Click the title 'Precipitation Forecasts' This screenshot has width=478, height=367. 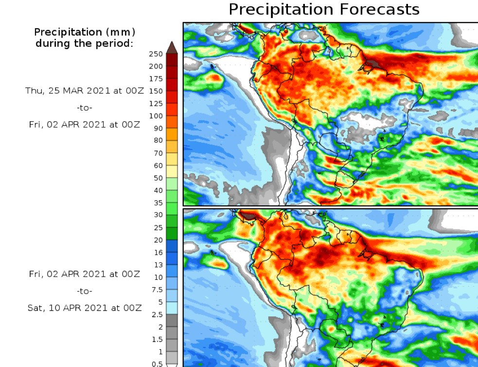tap(323, 9)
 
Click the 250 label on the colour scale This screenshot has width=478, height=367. tap(156, 54)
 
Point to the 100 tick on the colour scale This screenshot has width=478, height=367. tap(156, 116)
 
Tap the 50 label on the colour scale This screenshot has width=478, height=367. tap(158, 178)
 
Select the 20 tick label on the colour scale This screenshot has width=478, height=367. tap(158, 239)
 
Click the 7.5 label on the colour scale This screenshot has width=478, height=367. tap(157, 289)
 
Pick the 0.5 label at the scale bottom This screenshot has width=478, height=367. tap(157, 364)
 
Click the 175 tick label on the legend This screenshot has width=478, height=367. tap(156, 79)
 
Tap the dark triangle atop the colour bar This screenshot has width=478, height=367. tap(172, 47)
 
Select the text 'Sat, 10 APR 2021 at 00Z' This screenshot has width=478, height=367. tap(85, 308)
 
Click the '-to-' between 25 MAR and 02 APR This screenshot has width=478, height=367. tap(85, 108)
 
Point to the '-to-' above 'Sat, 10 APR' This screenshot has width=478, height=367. tap(85, 291)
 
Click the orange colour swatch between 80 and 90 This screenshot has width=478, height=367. tap(172, 134)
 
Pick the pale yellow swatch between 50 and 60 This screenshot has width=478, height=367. tap(172, 171)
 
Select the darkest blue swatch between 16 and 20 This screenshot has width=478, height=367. tap(172, 246)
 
